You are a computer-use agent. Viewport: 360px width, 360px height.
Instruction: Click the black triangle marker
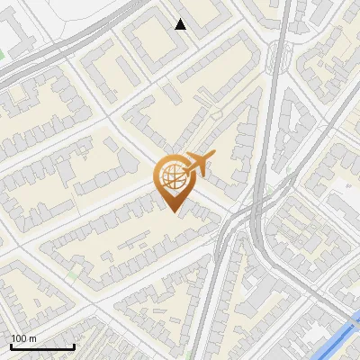pos(181,24)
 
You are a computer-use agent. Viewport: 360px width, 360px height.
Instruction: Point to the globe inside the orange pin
pos(172,176)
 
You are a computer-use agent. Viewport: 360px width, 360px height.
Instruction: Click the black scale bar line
pos(41,346)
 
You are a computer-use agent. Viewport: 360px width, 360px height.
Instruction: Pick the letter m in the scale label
pos(33,338)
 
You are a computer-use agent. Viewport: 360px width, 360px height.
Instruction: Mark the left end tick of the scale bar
pos(10,345)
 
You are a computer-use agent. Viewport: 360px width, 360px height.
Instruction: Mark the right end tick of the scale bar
pos(74,345)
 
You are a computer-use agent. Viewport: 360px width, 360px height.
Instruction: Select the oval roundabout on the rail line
pos(280,59)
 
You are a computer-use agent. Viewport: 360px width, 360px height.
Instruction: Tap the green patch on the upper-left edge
pos(2,54)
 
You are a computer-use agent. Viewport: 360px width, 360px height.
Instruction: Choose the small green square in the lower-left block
pos(73,273)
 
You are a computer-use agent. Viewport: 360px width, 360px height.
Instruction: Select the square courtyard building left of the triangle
pos(148,40)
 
